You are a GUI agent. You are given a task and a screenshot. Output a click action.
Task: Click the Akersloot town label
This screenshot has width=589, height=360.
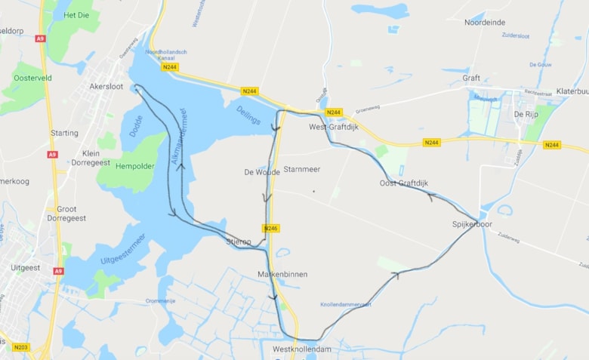(106, 86)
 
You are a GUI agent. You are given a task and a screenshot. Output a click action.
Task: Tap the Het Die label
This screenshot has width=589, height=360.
(77, 15)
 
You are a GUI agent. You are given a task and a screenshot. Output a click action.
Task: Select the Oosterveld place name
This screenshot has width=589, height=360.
(32, 77)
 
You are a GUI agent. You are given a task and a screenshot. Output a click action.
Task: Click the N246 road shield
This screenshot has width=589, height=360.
(272, 228)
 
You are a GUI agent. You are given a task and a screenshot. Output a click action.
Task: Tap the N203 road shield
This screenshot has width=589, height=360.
(21, 347)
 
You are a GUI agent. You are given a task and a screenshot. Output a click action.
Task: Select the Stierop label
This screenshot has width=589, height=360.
(239, 242)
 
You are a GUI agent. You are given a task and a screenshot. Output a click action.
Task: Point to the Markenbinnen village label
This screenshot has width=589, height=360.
(282, 275)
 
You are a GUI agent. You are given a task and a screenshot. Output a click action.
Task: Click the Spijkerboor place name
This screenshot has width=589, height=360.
(472, 224)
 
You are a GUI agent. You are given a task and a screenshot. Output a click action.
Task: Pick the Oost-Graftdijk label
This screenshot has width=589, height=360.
(403, 183)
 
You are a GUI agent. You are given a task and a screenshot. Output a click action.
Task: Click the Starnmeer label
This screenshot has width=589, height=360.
(302, 169)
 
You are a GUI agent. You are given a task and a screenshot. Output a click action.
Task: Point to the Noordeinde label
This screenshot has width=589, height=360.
(485, 23)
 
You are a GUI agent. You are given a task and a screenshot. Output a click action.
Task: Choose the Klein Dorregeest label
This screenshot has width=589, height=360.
(91, 158)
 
